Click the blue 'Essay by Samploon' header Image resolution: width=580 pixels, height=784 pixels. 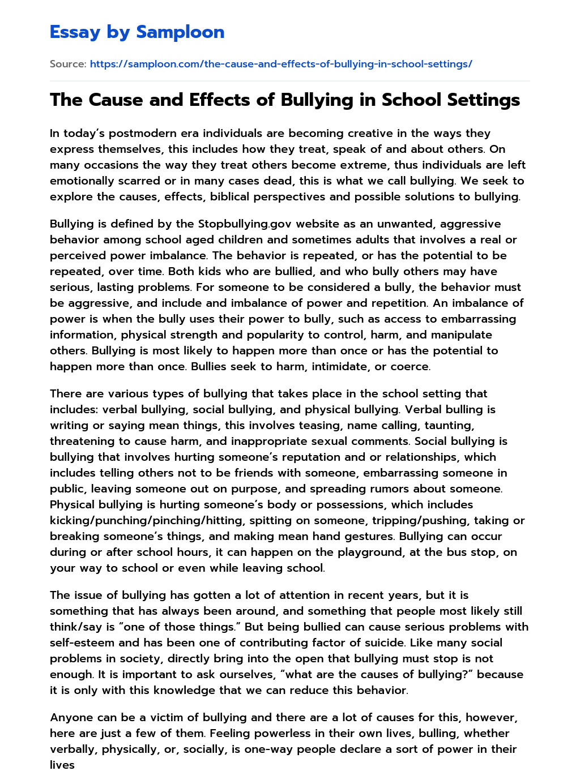pos(137,32)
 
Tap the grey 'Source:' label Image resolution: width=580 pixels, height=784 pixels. pos(68,64)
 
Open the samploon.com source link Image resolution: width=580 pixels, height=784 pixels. pos(281,64)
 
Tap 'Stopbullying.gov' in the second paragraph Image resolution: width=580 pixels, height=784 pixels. pos(245,224)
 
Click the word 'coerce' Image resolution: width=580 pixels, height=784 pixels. pos(410,367)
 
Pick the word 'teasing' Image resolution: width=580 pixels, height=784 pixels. pos(317,426)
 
